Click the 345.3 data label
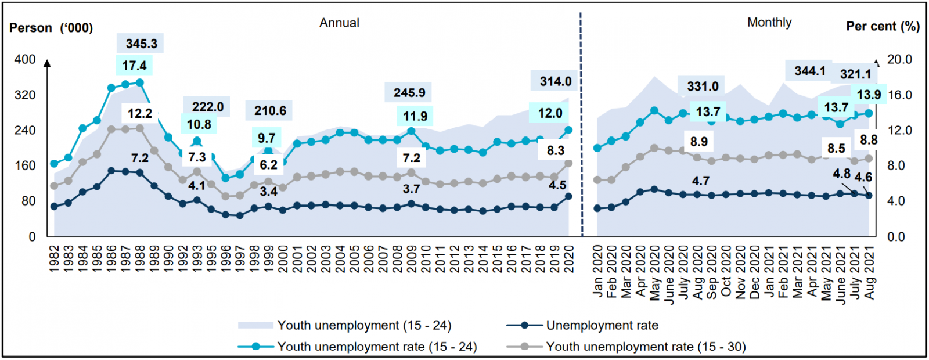pos(141,44)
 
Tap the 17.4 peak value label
pos(134,66)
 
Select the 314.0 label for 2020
pos(556,81)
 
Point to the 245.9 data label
pos(409,92)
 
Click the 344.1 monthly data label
pos(810,71)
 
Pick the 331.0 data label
pos(703,87)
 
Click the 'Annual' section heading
pos(339,23)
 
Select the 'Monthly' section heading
pos(769,23)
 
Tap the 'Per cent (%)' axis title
pos(883,26)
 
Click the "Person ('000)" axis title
pos(51,28)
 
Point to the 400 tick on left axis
pos(25,59)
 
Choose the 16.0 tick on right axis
pos(899,95)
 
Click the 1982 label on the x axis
pos(55,259)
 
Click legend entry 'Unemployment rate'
pos(602,325)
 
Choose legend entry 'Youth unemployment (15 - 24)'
pos(364,325)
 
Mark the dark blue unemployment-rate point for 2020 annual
pos(568,196)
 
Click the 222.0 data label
pos(208,107)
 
